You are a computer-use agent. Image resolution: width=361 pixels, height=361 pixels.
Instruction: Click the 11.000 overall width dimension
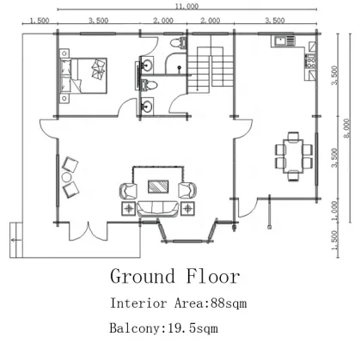pos(187,6)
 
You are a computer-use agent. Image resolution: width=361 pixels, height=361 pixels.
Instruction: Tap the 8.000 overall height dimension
pos(347,128)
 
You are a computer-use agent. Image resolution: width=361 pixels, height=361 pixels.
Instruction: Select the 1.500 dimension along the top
pos(40,21)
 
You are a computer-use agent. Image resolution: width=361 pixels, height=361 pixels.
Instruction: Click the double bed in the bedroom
pos(83,76)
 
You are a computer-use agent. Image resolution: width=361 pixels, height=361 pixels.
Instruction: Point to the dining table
pos(293,156)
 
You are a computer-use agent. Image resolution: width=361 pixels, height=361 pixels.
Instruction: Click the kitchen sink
pos(279,41)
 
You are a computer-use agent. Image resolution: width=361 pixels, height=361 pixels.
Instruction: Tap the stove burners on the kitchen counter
pos(311,61)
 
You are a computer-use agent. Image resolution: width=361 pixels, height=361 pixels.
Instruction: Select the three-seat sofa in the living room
pos(157,209)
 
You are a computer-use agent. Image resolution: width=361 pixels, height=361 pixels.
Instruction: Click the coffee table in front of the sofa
pos(158,187)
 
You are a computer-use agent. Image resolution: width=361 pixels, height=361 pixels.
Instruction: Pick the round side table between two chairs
pos(66,177)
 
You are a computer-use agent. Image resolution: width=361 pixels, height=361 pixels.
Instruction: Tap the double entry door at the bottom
pos(88,231)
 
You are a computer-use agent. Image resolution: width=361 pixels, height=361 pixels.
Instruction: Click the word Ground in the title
pos(143,277)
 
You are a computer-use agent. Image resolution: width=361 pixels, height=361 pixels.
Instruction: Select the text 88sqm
pos(229,303)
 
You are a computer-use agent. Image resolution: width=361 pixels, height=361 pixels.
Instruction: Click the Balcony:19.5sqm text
pos(163,327)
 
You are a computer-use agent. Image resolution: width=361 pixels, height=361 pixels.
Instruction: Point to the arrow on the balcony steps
pos(16,240)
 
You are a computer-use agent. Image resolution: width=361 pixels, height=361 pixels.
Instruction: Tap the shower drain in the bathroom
pos(180,68)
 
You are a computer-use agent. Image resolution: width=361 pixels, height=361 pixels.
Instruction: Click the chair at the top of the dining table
pos(293,136)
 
